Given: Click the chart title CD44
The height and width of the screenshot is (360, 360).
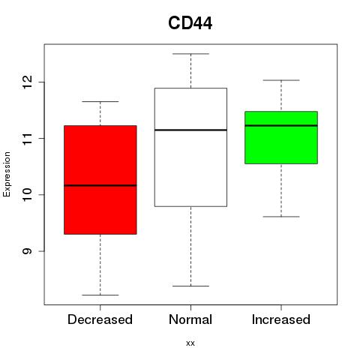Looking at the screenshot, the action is [x=190, y=23].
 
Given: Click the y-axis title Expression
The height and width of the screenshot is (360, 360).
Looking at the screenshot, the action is [x=7, y=174].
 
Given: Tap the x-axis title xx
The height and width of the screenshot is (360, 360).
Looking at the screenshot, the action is [x=190, y=343].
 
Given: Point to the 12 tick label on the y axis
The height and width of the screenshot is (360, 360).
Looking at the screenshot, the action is [x=27, y=82].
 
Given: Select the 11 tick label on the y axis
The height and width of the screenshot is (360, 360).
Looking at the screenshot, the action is [x=27, y=138].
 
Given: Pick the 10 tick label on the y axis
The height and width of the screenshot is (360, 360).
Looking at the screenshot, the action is [x=27, y=194].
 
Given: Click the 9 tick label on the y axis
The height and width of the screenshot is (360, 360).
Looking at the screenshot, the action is [x=27, y=251].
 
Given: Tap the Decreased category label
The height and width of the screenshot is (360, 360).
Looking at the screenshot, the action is [x=100, y=319].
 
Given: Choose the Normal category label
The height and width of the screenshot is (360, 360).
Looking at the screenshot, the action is [x=190, y=319].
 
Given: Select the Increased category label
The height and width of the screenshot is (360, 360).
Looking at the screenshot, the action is [x=281, y=319].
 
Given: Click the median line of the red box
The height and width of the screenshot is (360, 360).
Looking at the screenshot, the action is [x=100, y=185].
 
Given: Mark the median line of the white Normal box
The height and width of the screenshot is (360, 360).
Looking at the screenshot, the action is [x=190, y=130].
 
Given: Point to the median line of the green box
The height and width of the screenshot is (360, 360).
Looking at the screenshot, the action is [x=281, y=125].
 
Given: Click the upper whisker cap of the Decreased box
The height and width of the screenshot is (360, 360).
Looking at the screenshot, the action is [x=100, y=101].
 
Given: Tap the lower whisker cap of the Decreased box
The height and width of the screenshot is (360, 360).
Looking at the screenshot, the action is [x=100, y=295].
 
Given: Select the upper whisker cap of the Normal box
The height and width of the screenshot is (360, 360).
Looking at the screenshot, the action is [x=190, y=54].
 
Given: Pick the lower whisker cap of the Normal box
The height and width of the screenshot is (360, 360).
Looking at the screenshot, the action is [x=190, y=286].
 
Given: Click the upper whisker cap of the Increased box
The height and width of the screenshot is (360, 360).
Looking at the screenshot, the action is [x=281, y=80].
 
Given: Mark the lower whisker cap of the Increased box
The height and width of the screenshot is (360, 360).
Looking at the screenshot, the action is [x=281, y=217].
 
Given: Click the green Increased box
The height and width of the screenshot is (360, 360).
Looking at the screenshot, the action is [x=281, y=145].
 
